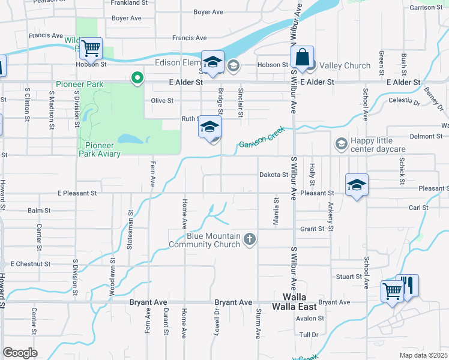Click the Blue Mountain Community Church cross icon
click(x=250, y=240)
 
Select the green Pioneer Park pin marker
click(x=137, y=77)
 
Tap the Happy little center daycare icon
click(x=341, y=144)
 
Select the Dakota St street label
click(x=274, y=175)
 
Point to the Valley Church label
click(x=345, y=65)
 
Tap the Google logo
click(x=20, y=352)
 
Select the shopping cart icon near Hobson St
click(x=91, y=47)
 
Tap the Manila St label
click(x=277, y=211)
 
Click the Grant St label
click(x=312, y=229)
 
